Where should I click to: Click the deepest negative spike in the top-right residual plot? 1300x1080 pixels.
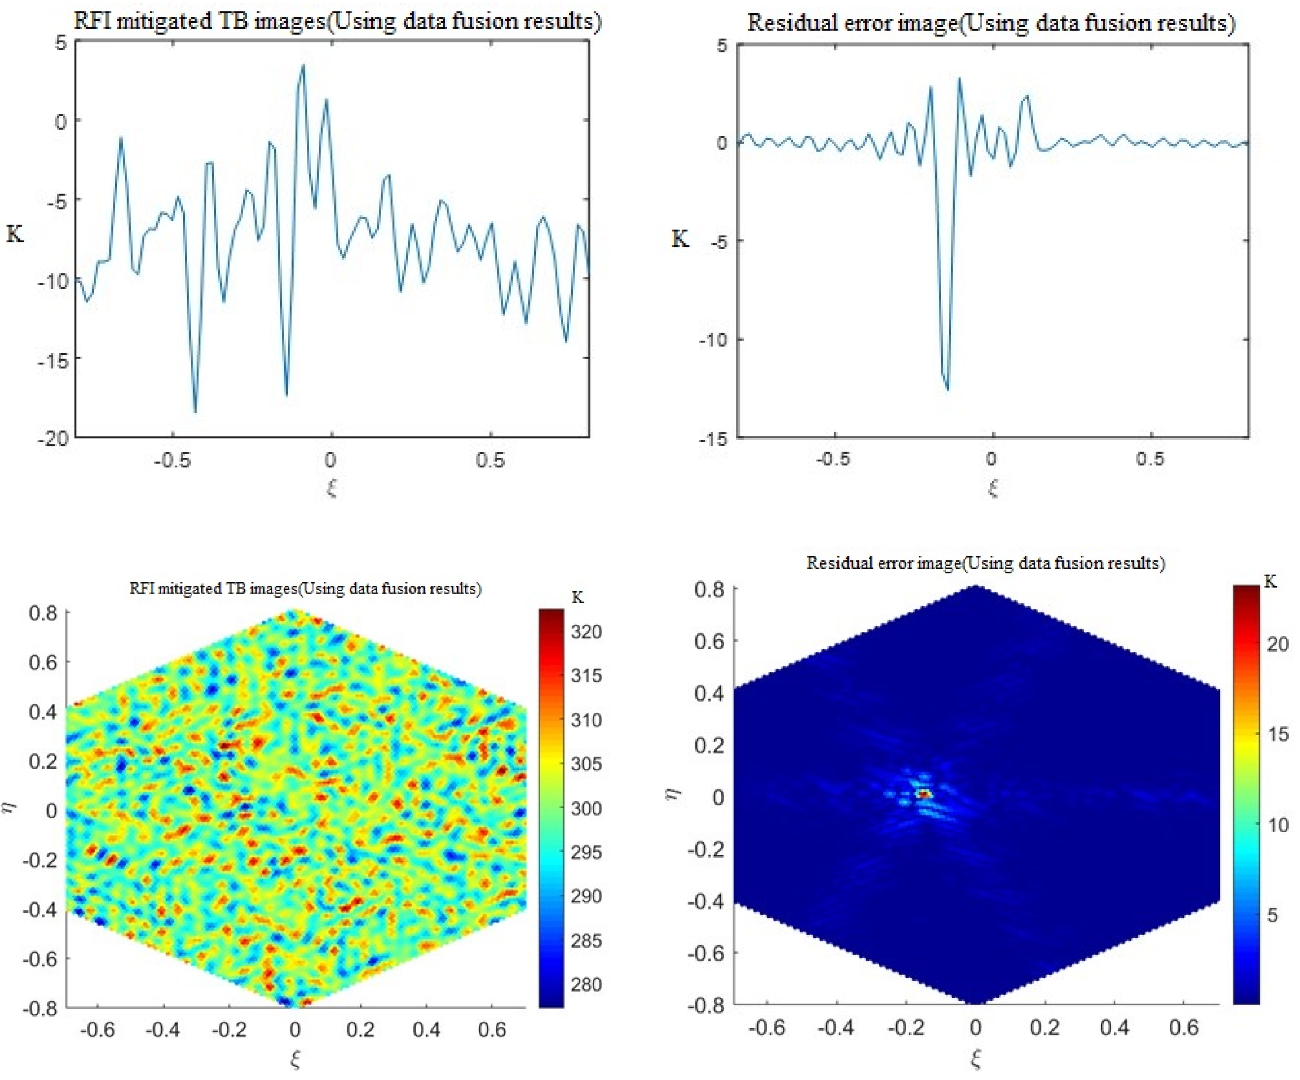pos(947,389)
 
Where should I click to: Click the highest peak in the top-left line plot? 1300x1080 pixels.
pos(303,66)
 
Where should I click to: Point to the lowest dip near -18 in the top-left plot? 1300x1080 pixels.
pos(195,411)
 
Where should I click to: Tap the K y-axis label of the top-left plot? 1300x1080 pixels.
pos(15,235)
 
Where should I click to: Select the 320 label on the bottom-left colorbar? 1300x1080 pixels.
pos(586,632)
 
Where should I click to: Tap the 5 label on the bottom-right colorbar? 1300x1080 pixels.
pos(1272,915)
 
